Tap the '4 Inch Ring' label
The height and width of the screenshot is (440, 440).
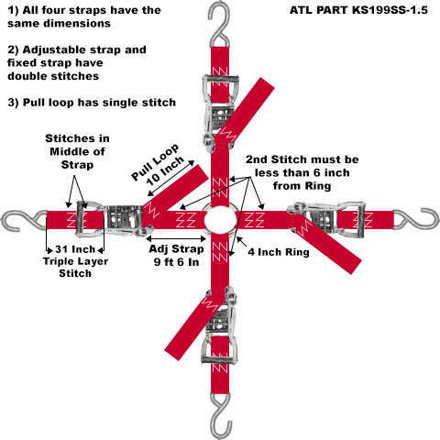(x=279, y=252)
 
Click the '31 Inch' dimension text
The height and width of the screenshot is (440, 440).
(x=75, y=249)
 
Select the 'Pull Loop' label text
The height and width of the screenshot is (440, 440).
(x=155, y=162)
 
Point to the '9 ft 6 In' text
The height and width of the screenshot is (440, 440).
(x=176, y=262)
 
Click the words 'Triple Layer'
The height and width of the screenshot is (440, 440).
(x=75, y=261)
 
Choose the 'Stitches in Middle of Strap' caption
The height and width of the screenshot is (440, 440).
(x=77, y=151)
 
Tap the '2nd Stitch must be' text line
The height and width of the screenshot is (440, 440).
(x=302, y=159)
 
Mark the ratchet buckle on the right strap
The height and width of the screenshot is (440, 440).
(x=326, y=219)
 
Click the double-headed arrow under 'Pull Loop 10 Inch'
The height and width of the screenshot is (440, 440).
(x=170, y=178)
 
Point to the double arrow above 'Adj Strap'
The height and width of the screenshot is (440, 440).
(x=176, y=238)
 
